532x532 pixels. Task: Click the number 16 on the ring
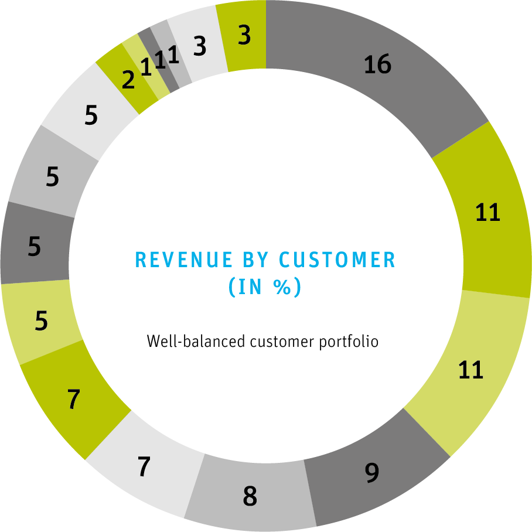click(377, 64)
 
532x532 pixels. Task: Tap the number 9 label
click(372, 473)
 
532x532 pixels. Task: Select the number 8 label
click(250, 497)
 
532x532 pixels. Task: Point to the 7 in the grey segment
click(144, 468)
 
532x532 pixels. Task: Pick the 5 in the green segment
click(41, 322)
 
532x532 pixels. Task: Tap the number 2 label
click(128, 81)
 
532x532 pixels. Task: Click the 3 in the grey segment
click(200, 47)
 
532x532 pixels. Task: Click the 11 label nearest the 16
click(487, 213)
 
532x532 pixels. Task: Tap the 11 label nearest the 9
click(470, 370)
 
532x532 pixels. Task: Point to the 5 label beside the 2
click(91, 116)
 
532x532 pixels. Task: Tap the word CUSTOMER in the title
click(337, 260)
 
